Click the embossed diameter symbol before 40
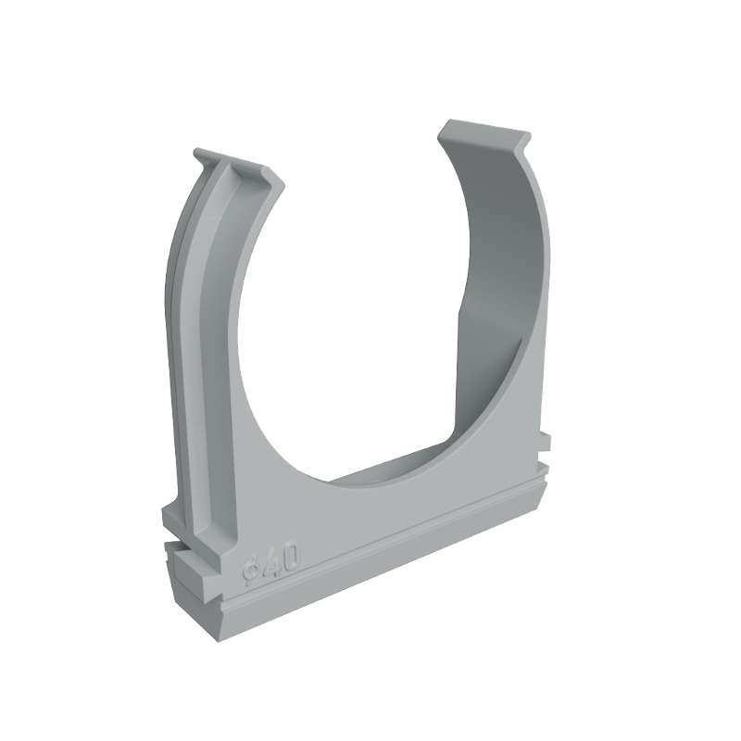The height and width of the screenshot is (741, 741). pyautogui.click(x=250, y=572)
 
